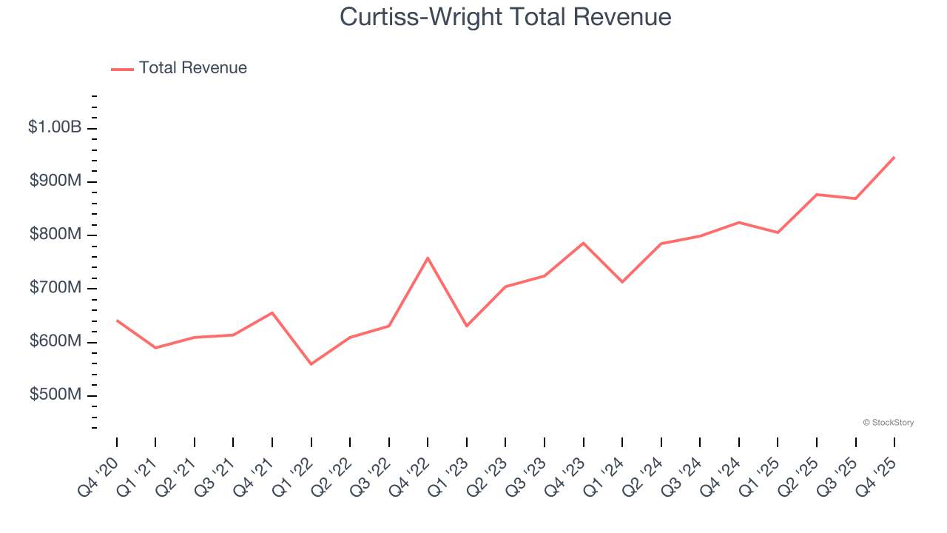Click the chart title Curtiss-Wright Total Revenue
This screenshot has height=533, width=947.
505,17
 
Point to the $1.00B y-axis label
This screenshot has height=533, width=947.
55,127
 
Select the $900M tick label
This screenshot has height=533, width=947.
55,181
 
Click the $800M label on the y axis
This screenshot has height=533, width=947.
55,235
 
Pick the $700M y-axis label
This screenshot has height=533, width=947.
55,288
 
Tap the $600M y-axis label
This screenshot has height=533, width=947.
55,341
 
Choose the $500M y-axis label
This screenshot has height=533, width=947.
55,395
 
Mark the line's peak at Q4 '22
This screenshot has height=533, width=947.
428,258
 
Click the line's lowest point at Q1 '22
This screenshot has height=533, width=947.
311,364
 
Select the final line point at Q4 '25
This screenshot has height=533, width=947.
894,157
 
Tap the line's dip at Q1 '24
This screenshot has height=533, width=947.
622,282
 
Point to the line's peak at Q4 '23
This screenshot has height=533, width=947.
584,243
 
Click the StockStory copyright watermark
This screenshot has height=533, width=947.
888,423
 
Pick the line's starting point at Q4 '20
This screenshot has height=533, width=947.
117,321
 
